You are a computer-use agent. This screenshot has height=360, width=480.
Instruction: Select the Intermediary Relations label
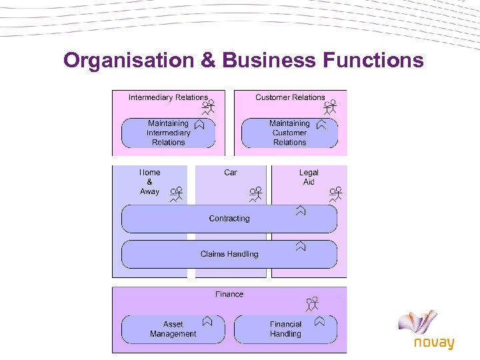pos(168,97)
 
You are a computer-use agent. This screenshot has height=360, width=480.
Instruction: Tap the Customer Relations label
pos(290,97)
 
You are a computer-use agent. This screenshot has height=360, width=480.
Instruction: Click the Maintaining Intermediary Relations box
pos(168,133)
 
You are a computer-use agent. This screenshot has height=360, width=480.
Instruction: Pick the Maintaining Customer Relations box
pos(289,133)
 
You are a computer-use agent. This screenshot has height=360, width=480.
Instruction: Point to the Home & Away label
pos(149,181)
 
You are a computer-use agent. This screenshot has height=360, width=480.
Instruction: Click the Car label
pos(231,172)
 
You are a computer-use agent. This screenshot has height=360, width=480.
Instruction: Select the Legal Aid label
pos(309,177)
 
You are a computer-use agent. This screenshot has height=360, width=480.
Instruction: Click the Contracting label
pos(229,219)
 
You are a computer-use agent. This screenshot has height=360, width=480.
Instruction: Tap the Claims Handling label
pos(229,254)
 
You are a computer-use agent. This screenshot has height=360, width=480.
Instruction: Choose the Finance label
pos(229,294)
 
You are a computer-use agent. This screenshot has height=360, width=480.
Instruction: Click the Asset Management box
pos(173,329)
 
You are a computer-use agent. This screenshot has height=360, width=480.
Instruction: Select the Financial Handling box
pos(285,329)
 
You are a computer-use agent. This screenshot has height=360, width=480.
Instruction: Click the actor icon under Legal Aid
pos(335,194)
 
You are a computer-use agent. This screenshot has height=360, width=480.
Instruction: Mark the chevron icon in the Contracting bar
pos(301,211)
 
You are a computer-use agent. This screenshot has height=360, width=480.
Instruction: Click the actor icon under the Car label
pos(256,194)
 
